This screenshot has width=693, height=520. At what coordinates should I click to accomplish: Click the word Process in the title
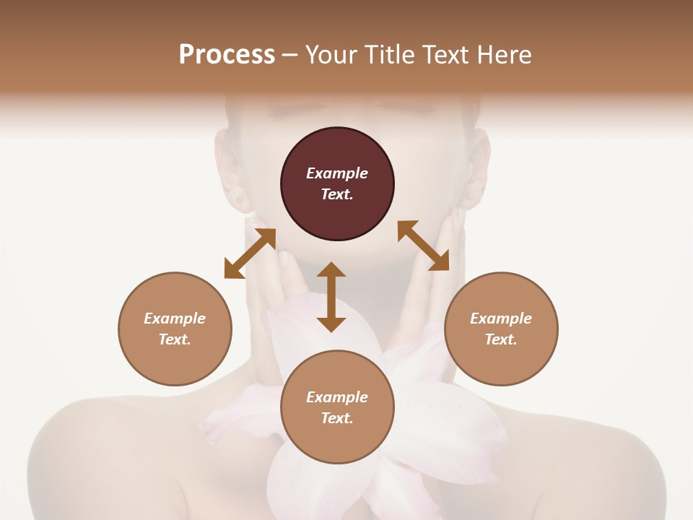click(x=227, y=55)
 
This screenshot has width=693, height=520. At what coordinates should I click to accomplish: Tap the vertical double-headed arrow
click(x=331, y=297)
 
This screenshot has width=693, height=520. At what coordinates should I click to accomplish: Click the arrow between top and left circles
click(x=250, y=253)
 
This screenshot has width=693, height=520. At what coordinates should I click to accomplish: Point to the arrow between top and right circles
click(x=423, y=246)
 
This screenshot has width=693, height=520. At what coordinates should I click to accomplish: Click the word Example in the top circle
click(x=337, y=173)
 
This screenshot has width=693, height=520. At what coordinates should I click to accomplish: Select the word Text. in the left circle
click(x=175, y=339)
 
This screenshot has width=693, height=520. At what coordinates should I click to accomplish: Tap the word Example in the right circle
click(x=501, y=318)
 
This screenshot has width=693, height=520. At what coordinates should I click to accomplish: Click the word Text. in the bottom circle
click(x=337, y=418)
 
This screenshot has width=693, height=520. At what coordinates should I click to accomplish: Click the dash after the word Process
click(x=289, y=55)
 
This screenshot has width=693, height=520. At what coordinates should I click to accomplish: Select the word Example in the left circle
click(x=175, y=318)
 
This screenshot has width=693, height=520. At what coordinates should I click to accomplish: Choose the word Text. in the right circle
click(x=501, y=339)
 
